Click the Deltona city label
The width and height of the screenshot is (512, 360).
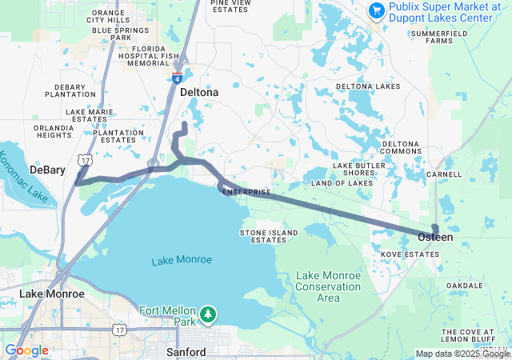click(199, 92)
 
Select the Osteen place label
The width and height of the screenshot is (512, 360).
click(435, 238)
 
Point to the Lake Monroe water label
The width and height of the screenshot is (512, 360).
click(182, 260)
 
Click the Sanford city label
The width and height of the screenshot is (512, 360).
click(186, 352)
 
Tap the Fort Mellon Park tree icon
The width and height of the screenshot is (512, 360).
click(208, 314)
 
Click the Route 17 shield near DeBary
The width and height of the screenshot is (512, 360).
click(83, 160)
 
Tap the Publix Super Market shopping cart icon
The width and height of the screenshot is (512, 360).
click(376, 10)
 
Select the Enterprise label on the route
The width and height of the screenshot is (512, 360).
click(246, 193)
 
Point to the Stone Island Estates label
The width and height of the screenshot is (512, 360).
click(269, 236)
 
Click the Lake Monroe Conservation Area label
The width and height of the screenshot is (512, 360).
click(328, 286)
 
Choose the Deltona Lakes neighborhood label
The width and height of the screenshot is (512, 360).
click(367, 86)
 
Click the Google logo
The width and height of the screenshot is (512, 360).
click(26, 350)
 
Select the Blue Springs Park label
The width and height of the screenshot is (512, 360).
click(122, 34)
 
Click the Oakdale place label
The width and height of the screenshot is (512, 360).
click(464, 286)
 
